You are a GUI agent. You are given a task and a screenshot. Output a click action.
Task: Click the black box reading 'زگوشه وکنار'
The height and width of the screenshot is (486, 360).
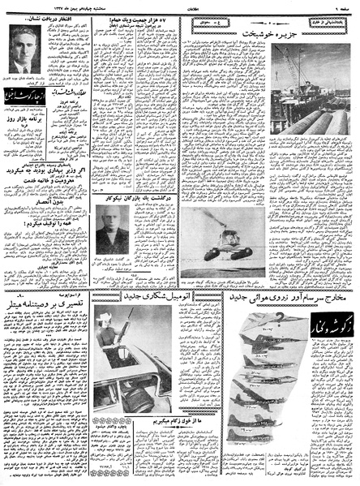332,320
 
